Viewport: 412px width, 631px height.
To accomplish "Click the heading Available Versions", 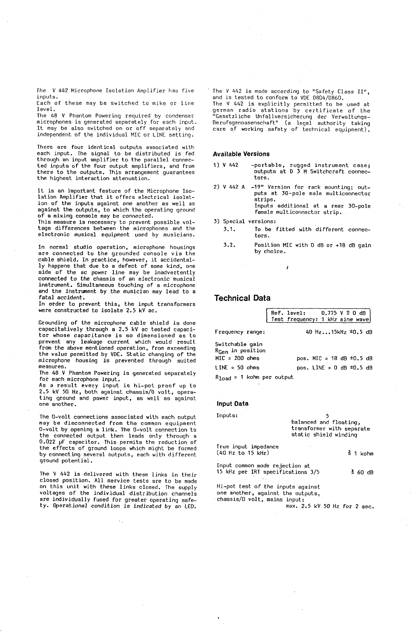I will (x=241, y=154).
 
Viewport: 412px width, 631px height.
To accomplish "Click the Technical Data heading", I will (x=242, y=298).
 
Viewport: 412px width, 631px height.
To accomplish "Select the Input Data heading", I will (x=232, y=403).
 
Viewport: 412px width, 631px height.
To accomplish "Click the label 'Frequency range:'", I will (x=240, y=332).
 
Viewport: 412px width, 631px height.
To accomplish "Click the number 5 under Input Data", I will (x=327, y=416).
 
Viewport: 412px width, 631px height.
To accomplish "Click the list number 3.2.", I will (x=229, y=245).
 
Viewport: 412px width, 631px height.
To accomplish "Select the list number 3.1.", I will (x=229, y=229).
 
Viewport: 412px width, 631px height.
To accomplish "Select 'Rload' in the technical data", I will (x=223, y=377).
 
